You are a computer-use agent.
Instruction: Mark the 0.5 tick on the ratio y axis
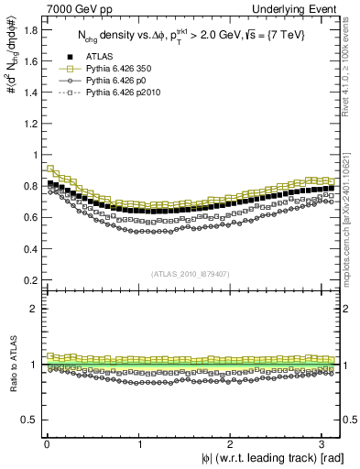click(29, 420)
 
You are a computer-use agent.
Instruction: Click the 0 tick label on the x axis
click(47, 444)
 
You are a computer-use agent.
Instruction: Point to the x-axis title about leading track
click(272, 458)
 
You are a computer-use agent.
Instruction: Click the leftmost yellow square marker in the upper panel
click(49, 168)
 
